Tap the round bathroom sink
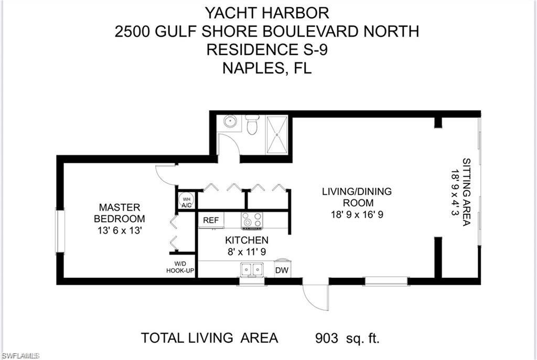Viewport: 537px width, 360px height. click(229, 122)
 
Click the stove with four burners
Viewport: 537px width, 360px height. click(251, 221)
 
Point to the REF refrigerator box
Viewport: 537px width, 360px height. click(211, 220)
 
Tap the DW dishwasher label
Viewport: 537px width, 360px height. click(282, 270)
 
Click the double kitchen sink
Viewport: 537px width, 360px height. click(252, 269)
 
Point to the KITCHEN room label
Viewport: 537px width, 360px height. click(246, 240)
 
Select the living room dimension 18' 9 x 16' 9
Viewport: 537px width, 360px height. click(357, 214)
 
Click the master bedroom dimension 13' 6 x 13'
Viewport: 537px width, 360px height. click(119, 230)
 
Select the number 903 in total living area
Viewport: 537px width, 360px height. click(326, 338)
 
